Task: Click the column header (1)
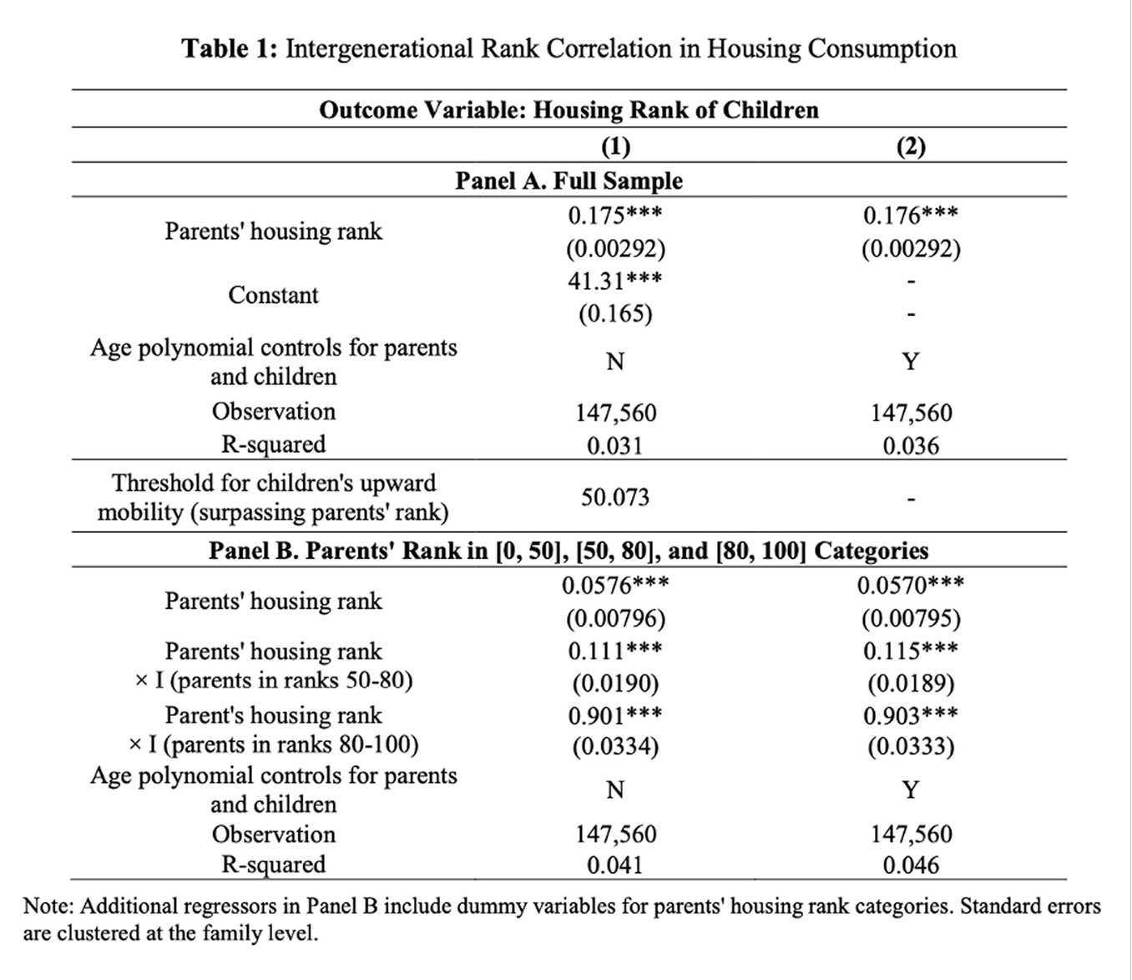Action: [x=615, y=146]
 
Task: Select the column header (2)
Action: [x=911, y=146]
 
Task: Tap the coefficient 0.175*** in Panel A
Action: [x=615, y=216]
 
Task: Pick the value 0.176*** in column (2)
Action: [x=911, y=216]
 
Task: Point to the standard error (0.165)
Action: [x=615, y=313]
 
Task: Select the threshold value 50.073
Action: [x=615, y=497]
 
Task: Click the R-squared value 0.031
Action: [x=615, y=445]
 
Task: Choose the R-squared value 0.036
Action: [x=911, y=445]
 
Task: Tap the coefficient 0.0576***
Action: [x=615, y=585]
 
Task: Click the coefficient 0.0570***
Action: [x=911, y=585]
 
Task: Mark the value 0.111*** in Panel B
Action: [x=615, y=650]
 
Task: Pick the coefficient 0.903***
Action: [x=911, y=715]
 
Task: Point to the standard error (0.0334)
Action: [x=615, y=745]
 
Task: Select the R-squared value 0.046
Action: [x=911, y=866]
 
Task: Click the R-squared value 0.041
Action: [x=615, y=866]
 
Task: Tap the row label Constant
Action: [x=273, y=295]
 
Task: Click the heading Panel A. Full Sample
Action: [x=569, y=180]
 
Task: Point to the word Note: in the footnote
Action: [x=48, y=906]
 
